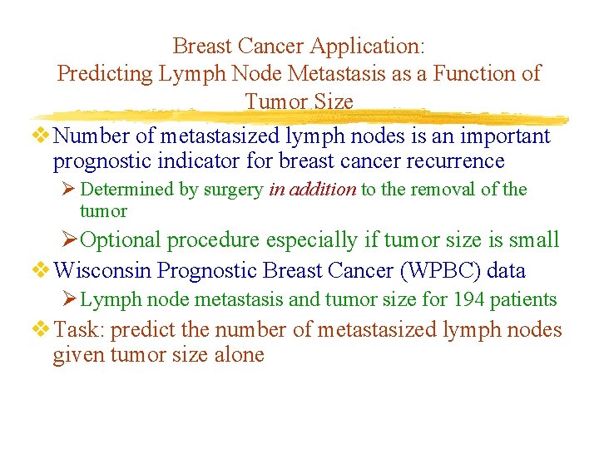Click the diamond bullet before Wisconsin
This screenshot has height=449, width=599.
pos(42,270)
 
